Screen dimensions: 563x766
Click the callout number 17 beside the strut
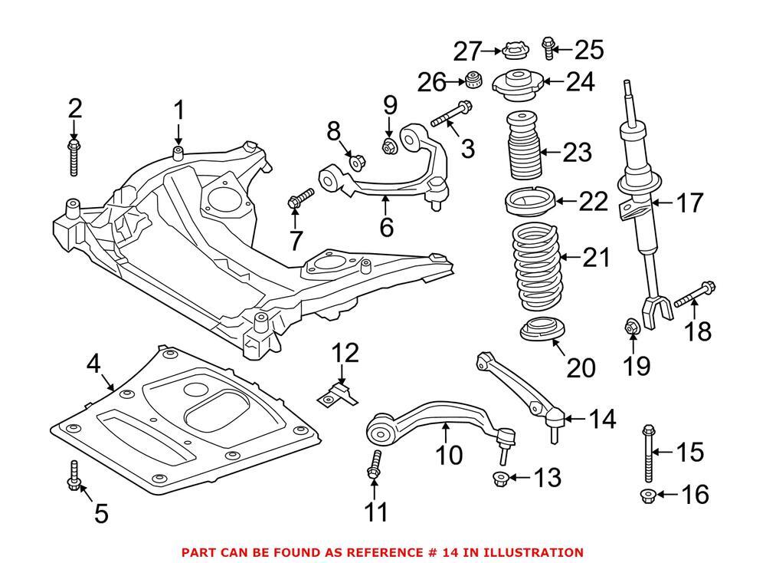[689, 204]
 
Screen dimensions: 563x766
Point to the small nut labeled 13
[498, 479]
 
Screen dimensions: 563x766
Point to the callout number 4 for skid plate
[93, 363]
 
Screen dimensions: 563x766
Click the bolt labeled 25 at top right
[548, 48]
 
